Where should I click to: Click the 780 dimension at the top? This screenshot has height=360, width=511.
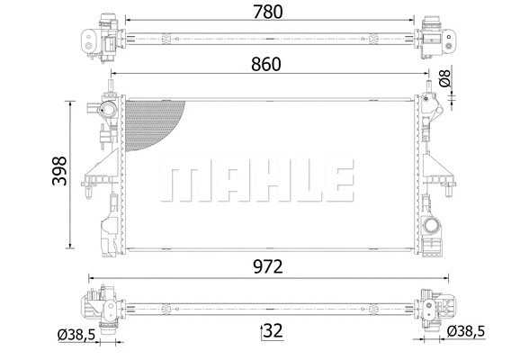click(267, 12)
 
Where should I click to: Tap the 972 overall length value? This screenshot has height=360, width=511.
click(267, 265)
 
